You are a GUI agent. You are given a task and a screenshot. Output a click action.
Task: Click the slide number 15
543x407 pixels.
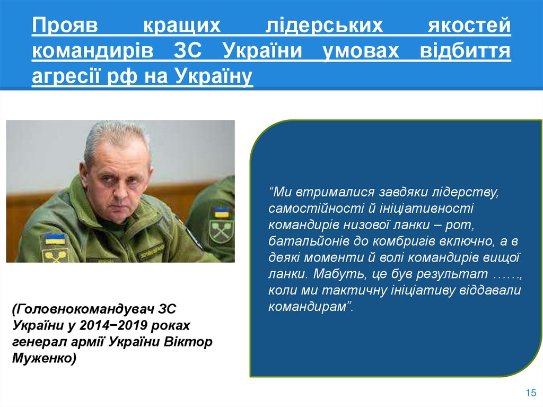[530, 393]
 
